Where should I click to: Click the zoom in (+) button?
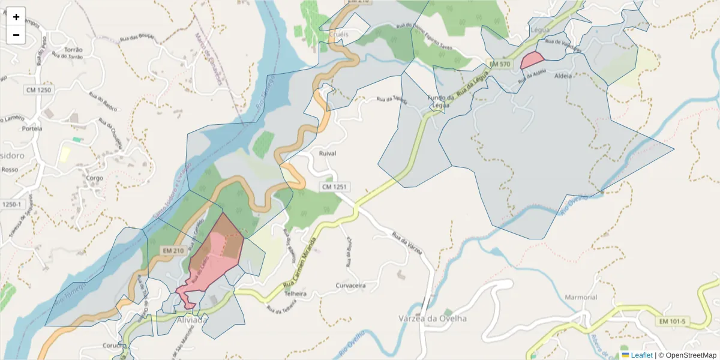(16, 17)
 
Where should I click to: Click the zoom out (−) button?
(16, 35)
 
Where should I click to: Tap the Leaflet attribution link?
(641, 355)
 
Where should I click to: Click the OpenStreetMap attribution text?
(687, 355)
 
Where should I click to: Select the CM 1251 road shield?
(335, 187)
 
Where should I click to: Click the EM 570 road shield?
(499, 64)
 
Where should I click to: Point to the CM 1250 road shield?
(40, 90)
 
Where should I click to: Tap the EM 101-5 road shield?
(672, 322)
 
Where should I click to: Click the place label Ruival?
(324, 154)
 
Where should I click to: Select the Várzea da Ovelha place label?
(433, 318)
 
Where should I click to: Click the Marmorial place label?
(580, 297)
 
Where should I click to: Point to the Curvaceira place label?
(350, 286)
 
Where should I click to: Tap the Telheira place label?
(295, 294)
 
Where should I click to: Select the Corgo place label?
(95, 178)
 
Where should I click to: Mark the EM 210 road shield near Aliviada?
(173, 250)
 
